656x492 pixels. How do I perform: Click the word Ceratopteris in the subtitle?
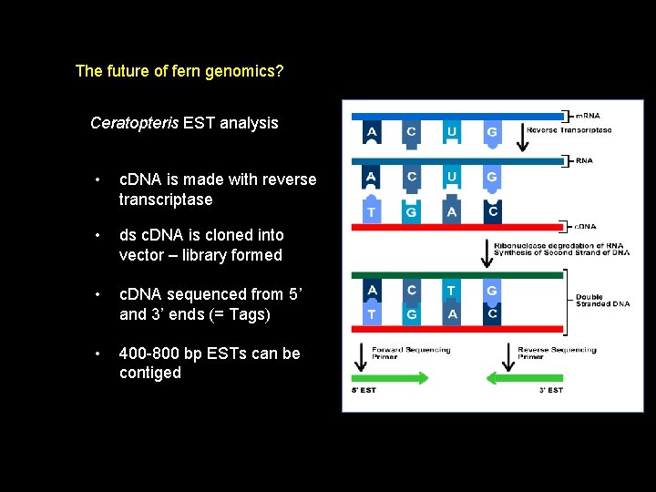(x=134, y=123)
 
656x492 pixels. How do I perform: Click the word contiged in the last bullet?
(x=150, y=374)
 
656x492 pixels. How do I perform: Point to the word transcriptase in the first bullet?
(x=166, y=200)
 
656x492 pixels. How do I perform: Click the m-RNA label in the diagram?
(x=588, y=116)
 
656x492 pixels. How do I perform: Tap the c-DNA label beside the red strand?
(x=586, y=226)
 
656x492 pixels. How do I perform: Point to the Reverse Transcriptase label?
(x=569, y=130)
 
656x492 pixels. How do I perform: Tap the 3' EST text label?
(x=550, y=390)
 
